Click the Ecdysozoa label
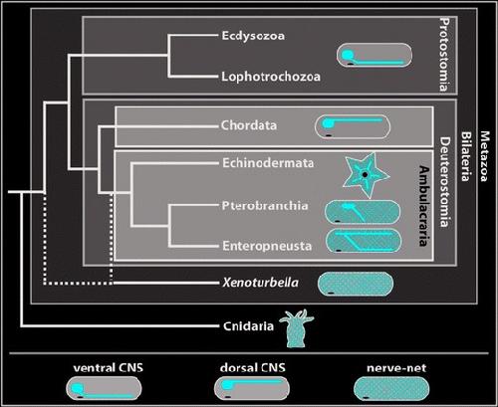pos(253,36)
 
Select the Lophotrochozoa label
pos(271,77)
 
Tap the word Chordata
pos(249,125)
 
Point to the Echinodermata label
pos(268,163)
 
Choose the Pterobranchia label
pos(265,206)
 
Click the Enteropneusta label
pos(267,246)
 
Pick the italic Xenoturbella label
pos(261,283)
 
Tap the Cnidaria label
pos(248,326)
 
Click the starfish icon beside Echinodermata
pos(366,175)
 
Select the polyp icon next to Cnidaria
pos(296,328)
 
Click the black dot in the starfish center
pos(365,174)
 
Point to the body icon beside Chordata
pos(353,126)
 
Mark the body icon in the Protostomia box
pos(374,55)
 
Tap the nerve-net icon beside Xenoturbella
pos(356,284)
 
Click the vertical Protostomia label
pos(444,55)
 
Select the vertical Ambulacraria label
pos(424,206)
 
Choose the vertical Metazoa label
pos(485,156)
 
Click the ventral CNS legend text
pos(109,368)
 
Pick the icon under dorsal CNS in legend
pos(252,388)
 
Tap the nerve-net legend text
pos(396,368)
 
